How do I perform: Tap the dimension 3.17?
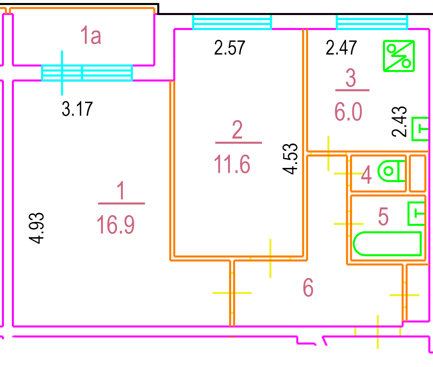click(x=77, y=109)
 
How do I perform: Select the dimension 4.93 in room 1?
click(x=36, y=228)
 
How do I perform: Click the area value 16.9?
click(x=116, y=224)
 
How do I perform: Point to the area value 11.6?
click(x=232, y=164)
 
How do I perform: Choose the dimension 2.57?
click(x=230, y=48)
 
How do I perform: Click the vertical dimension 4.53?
click(x=290, y=158)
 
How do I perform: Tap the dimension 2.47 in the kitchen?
click(x=341, y=48)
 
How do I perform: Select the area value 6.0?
click(x=348, y=112)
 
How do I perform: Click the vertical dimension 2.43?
click(x=400, y=121)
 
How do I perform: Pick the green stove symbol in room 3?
click(x=399, y=56)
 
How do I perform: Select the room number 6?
click(x=308, y=287)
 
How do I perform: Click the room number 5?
click(x=383, y=216)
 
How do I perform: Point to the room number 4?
click(x=366, y=175)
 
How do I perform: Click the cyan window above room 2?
click(x=232, y=22)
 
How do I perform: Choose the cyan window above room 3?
click(x=372, y=22)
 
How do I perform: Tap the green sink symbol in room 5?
click(x=417, y=213)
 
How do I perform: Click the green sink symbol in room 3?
click(x=420, y=129)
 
